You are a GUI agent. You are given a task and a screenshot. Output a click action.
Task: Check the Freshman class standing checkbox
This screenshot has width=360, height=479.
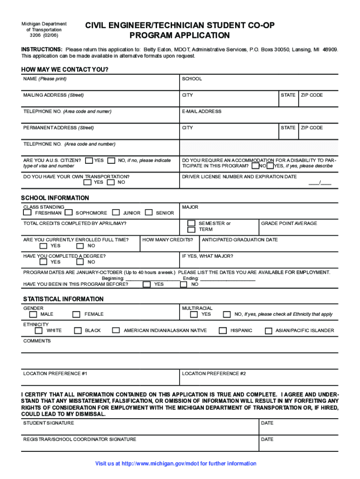click(x=28, y=213)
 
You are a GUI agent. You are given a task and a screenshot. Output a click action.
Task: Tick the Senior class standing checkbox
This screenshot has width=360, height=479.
click(x=149, y=213)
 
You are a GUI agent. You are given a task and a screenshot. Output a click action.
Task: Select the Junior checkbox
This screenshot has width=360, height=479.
click(x=116, y=213)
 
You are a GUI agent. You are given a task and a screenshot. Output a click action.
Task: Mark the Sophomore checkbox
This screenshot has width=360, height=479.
click(x=69, y=213)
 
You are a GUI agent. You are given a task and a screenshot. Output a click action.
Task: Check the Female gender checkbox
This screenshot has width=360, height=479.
click(x=76, y=314)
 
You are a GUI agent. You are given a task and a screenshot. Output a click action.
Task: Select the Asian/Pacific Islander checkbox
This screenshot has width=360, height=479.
click(x=268, y=331)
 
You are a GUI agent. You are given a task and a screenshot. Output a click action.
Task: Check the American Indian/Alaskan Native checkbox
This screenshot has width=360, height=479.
click(x=115, y=331)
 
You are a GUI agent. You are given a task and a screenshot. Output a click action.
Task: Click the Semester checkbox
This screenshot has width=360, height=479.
click(x=191, y=224)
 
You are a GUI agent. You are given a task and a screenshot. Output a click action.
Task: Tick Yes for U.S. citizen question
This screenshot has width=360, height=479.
click(x=89, y=160)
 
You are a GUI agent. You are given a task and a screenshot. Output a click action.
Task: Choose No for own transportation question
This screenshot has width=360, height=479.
click(x=111, y=182)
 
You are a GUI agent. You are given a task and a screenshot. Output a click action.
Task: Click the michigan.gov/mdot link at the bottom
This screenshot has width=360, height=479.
click(x=176, y=464)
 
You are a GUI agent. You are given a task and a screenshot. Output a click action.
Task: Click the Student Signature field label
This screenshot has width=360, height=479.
click(x=49, y=423)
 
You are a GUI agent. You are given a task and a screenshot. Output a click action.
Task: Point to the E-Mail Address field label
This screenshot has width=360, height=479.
click(x=202, y=112)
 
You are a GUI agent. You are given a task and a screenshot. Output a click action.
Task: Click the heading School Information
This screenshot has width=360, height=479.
click(x=55, y=198)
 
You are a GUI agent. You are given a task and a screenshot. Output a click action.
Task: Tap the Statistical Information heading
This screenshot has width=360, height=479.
click(x=64, y=299)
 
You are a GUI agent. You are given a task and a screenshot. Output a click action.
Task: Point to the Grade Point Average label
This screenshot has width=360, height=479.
click(x=289, y=224)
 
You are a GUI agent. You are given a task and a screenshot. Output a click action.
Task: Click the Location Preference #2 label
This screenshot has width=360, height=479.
click(x=214, y=374)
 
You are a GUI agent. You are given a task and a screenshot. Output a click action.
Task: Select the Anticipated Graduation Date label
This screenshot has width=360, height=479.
click(x=240, y=240)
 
